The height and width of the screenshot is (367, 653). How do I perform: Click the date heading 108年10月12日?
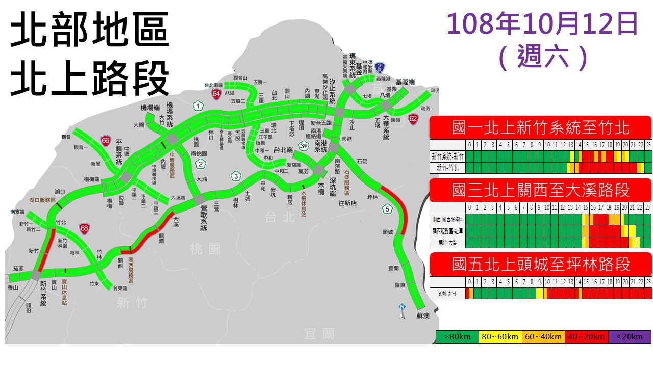542,24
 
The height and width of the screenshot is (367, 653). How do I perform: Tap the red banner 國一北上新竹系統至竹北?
540,127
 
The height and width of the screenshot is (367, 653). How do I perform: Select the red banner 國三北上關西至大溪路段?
540,190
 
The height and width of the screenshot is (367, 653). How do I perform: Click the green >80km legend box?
457,337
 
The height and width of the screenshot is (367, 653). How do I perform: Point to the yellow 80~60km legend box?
499,337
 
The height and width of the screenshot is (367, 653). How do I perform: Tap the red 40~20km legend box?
586,337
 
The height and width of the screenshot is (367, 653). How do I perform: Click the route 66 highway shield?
106,141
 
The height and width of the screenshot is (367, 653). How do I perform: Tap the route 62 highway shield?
413,119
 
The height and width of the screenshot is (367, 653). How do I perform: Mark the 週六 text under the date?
542,56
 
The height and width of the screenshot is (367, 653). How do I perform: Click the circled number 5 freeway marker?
388,208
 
